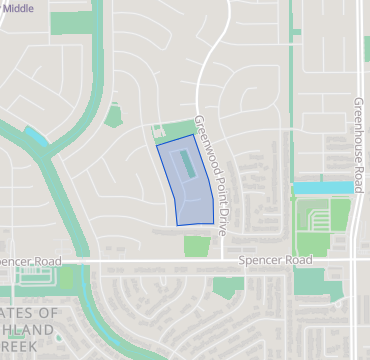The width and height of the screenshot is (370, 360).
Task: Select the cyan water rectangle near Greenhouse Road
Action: click(x=321, y=187)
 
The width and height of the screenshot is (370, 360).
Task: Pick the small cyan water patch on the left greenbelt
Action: click(x=36, y=135)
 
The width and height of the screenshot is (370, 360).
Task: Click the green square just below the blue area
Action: click(x=196, y=245)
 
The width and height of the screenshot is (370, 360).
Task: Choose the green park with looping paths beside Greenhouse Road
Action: click(x=322, y=225)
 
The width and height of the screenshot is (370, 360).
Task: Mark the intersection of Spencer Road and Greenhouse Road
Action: click(x=357, y=260)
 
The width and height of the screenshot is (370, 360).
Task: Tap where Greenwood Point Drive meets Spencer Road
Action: click(x=219, y=260)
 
